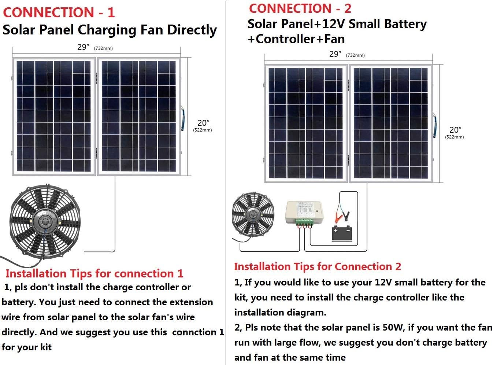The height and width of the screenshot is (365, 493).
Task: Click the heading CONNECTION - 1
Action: click(59, 12)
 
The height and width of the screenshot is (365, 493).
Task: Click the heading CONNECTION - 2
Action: click(300, 8)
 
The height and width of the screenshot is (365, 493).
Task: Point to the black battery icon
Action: click(341, 233)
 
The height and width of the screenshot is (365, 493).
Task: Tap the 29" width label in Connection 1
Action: click(84, 47)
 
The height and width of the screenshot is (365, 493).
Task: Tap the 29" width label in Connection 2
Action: click(335, 54)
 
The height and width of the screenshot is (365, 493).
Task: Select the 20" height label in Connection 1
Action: click(203, 123)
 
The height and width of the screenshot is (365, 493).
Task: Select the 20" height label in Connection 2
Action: click(455, 130)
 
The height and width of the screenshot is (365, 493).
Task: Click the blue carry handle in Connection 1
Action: click(182, 118)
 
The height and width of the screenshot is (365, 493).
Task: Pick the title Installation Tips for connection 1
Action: click(94, 273)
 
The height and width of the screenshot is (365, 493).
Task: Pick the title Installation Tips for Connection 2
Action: click(317, 266)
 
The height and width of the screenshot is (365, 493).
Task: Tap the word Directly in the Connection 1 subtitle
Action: click(192, 30)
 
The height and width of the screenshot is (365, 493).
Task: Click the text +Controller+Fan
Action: click(296, 39)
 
